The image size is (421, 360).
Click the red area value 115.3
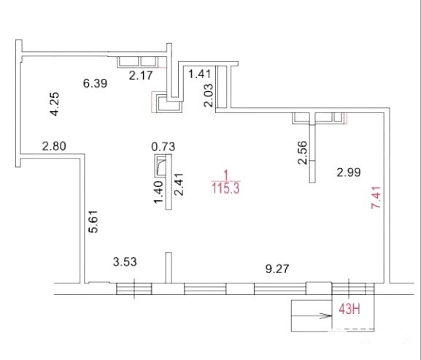[x=225, y=188]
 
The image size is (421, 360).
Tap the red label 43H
[x=349, y=310]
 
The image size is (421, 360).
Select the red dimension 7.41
[x=376, y=197]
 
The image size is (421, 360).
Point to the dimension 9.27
[x=277, y=269]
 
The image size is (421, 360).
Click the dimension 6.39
[x=95, y=83]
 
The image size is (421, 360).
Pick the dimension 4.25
[x=55, y=104]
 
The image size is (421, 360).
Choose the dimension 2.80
[x=54, y=147]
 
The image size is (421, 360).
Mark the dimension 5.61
[x=94, y=221]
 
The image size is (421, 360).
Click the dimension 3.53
[x=125, y=261]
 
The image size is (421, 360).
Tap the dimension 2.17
[x=141, y=75]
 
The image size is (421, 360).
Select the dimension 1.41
[x=200, y=74]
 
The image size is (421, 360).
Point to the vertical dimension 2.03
[x=208, y=96]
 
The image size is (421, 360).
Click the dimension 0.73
[x=163, y=147]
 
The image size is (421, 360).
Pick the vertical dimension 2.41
[x=179, y=184]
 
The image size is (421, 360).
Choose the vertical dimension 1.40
[x=158, y=192]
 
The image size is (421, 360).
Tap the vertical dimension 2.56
[x=302, y=153]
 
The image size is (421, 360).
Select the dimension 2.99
[x=349, y=172]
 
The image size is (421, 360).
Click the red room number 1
[x=226, y=175]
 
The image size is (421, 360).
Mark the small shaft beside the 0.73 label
[x=161, y=166]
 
